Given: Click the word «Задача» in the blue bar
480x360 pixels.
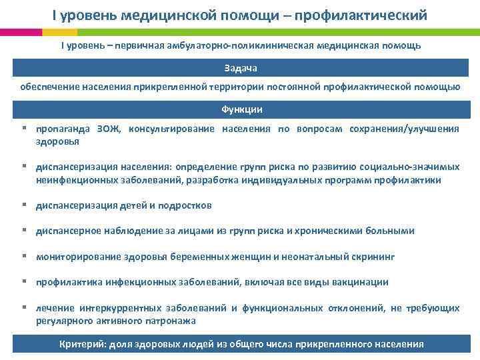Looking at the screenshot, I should coord(240,69).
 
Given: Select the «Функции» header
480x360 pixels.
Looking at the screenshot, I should coord(241,109).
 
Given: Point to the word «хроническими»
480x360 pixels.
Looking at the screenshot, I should coord(340,231).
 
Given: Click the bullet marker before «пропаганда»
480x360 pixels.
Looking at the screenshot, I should coord(23,129).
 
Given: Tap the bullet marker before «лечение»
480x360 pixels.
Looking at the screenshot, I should coord(23,307).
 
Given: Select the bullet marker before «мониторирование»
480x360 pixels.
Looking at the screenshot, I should coord(23,256).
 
